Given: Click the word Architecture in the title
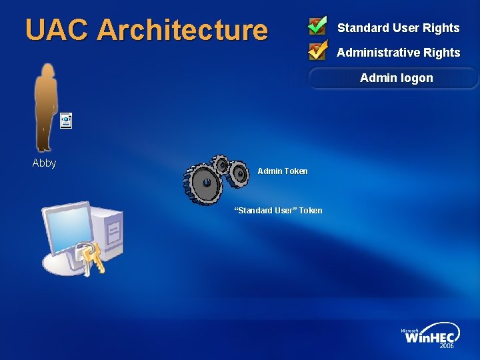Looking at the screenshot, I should tap(182, 30).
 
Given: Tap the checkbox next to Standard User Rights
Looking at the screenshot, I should tap(317, 26).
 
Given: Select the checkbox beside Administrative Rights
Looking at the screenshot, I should tap(317, 50).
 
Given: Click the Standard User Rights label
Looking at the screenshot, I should tap(398, 28).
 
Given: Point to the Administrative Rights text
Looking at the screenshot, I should tap(398, 53).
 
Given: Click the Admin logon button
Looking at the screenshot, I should tap(396, 78).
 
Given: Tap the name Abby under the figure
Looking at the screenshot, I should tap(44, 163).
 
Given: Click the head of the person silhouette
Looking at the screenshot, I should tap(47, 69).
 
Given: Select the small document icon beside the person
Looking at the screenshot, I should tap(65, 121).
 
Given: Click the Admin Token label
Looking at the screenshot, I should tap(283, 171).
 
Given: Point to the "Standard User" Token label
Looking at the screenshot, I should tap(278, 211).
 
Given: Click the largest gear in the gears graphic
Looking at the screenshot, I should tap(206, 181).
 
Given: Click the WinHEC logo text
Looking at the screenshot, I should tap(431, 337).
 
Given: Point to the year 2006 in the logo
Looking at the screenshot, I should tap(446, 346).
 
